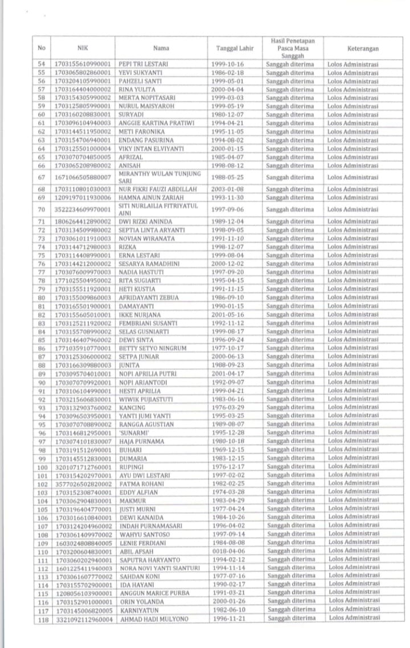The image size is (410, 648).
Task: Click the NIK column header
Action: [x=81, y=48]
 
